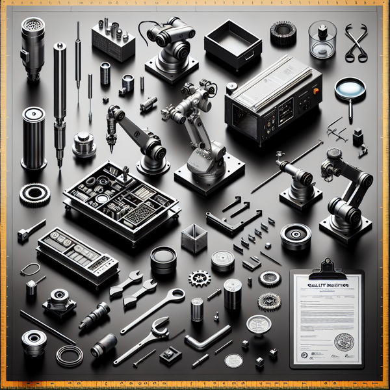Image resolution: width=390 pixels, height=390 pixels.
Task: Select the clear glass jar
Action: (x=322, y=40)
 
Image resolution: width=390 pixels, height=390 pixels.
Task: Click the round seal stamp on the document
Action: (x=342, y=343)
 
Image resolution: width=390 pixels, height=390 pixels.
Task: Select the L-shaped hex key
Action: (x=206, y=338)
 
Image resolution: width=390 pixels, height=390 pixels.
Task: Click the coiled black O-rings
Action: (x=68, y=355)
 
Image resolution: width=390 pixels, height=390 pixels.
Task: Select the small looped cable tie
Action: (x=30, y=268)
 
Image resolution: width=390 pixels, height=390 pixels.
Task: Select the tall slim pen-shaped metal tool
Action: (x=60, y=97)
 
